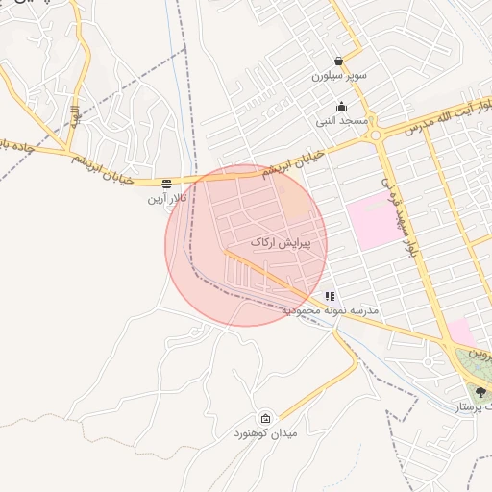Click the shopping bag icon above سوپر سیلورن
point(338,61)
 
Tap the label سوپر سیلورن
point(336,75)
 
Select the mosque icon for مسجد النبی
point(341,107)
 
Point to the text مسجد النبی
point(339,122)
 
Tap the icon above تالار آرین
point(167,183)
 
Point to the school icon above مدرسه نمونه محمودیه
point(330,297)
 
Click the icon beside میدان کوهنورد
point(265,418)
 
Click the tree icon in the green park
point(480,392)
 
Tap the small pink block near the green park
point(460,332)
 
